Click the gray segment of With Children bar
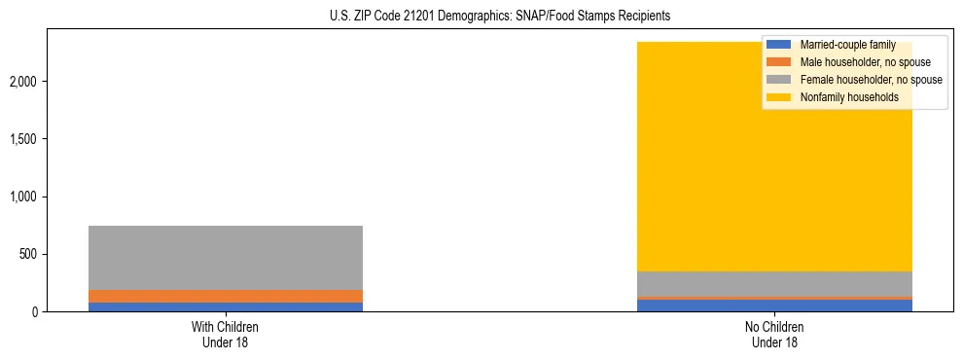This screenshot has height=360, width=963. click(x=226, y=258)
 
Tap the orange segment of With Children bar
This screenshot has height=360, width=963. click(x=226, y=296)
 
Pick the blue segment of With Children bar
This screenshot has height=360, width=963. click(x=226, y=306)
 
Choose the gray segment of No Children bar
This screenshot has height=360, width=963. click(x=775, y=284)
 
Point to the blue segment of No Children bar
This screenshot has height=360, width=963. click(x=775, y=306)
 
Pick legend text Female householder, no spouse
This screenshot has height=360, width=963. click(x=871, y=80)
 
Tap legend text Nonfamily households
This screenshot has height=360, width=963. click(x=849, y=97)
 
